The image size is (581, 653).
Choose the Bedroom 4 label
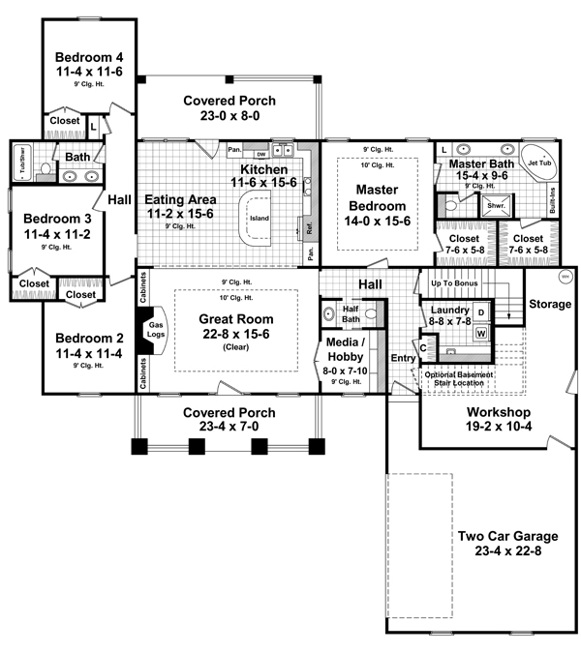(x=88, y=55)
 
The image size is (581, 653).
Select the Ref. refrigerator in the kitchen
(x=310, y=230)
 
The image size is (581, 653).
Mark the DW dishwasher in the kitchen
(x=260, y=153)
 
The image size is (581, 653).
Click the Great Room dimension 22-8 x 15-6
(x=235, y=334)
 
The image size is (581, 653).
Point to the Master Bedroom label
(x=378, y=197)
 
